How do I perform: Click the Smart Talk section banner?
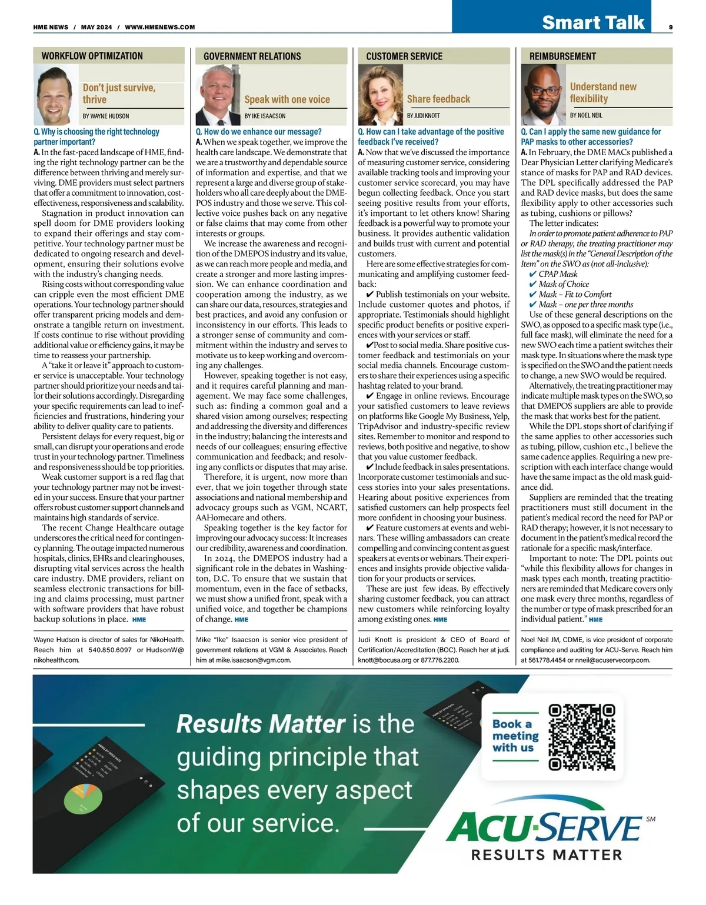pos(593,22)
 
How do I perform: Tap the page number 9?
pos(671,26)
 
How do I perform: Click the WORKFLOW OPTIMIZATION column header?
pos(92,56)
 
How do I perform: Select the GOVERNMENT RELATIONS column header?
pos(252,56)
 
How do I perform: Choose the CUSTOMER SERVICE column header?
pos(404,56)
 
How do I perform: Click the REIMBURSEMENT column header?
pos(562,56)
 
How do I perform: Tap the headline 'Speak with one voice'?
pos(287,99)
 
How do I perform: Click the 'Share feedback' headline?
pos(438,99)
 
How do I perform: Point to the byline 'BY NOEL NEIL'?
pos(586,115)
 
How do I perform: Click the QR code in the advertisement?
pos(581,737)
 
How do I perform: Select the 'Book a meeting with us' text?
pos(515,736)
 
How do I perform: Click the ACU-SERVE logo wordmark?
pos(544,828)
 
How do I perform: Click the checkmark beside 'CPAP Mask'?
pos(533,274)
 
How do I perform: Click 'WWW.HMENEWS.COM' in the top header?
pos(160,27)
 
